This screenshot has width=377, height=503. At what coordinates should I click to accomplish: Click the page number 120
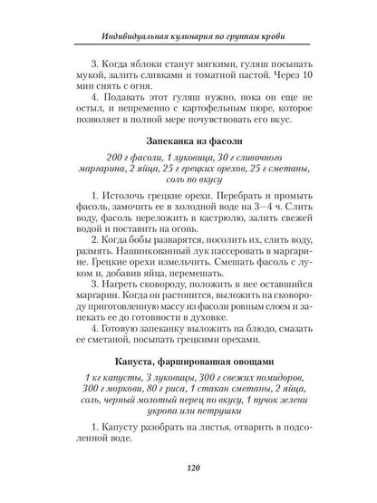(188, 470)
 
